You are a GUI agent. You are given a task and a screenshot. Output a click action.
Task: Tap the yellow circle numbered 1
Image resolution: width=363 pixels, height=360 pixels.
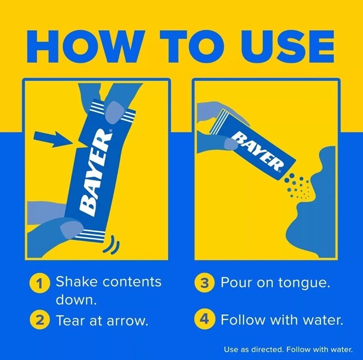pos(39,284)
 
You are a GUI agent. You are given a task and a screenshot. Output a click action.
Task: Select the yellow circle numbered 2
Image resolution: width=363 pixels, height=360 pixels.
pos(39,320)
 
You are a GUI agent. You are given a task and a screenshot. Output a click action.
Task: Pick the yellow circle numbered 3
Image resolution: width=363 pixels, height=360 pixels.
pos(204,283)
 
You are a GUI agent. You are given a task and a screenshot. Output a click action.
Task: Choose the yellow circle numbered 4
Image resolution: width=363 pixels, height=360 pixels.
pos(204,320)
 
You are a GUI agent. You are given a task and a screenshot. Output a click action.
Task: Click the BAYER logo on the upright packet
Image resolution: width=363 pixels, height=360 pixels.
pos(95,173)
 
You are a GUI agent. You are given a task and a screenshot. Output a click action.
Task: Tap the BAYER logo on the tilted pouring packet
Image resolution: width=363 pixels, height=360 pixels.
pos(257,152)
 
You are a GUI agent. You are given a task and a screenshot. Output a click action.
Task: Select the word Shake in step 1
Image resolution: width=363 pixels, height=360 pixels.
pos(77,282)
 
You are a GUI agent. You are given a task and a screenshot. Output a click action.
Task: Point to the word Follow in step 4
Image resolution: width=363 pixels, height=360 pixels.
pos(244,320)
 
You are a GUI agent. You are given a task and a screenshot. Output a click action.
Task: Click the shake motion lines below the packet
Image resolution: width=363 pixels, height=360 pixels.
pos(111,244)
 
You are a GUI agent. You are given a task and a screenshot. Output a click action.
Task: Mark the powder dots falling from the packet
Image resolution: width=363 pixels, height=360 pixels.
pos(297,186)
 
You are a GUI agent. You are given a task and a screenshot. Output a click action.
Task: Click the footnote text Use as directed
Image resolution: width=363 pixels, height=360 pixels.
pos(254,350)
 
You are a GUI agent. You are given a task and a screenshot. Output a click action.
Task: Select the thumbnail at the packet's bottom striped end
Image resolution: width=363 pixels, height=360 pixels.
pos(72,229)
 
